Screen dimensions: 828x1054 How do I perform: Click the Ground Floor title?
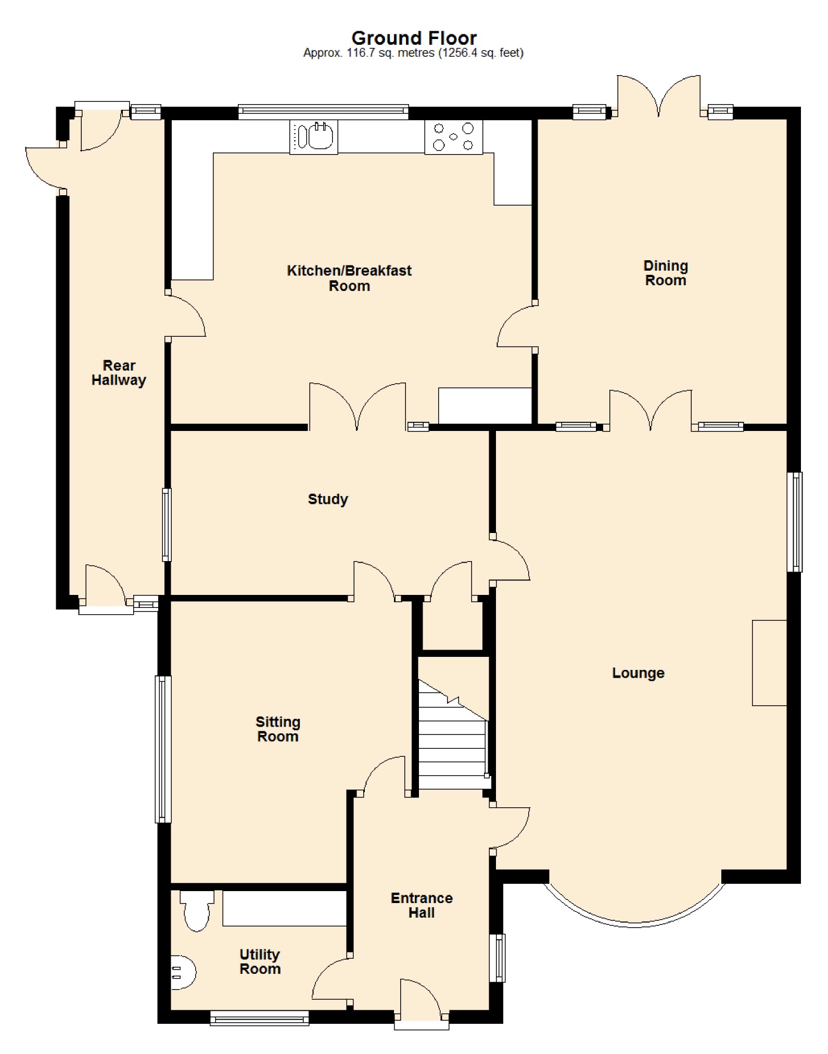tap(414, 38)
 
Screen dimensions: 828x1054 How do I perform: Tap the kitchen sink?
tap(314, 137)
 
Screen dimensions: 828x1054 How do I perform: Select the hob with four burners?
tap(453, 137)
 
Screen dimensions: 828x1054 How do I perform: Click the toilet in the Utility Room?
tap(197, 910)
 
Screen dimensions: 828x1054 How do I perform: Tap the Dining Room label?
tap(666, 273)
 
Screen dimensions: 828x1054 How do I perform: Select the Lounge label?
tap(638, 672)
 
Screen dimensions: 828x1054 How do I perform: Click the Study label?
tap(328, 499)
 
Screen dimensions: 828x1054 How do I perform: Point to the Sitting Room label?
tap(278, 729)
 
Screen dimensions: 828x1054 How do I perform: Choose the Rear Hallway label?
tap(119, 373)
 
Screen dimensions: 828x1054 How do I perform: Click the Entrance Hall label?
tap(422, 905)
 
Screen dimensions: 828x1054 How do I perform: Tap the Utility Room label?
tap(260, 961)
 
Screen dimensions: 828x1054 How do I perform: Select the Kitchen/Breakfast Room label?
tap(349, 278)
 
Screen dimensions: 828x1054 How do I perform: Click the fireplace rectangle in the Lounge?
tap(769, 663)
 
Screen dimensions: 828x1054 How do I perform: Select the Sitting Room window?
tap(163, 749)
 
